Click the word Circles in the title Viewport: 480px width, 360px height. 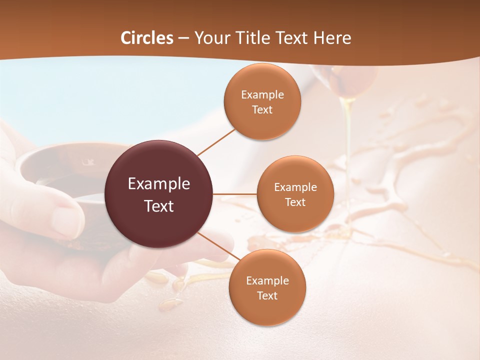tap(147, 38)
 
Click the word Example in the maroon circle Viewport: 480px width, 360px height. tap(159, 184)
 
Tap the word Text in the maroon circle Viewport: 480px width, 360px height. tap(159, 206)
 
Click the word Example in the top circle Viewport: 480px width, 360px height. tap(262, 95)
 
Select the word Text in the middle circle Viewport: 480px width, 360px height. tap(295, 202)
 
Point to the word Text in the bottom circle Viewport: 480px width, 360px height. tap(267, 296)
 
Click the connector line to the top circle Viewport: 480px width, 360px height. tap(216, 142)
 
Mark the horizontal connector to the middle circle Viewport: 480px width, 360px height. tap(235, 194)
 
